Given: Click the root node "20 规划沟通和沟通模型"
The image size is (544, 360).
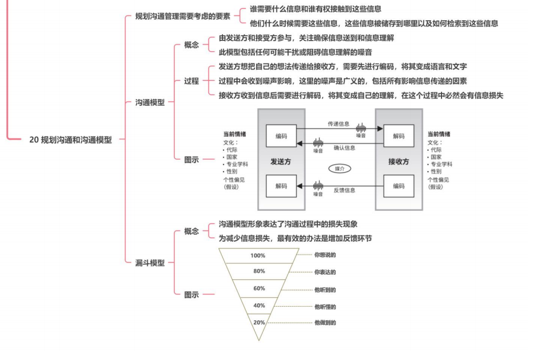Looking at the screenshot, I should (71, 140).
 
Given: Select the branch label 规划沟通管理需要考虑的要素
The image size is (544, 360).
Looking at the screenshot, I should (183, 16).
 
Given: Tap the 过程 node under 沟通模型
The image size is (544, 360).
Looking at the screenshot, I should (192, 81).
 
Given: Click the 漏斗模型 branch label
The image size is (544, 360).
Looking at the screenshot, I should (150, 262).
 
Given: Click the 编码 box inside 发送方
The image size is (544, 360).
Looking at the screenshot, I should (281, 136).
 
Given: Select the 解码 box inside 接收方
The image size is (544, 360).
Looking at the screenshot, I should (399, 136).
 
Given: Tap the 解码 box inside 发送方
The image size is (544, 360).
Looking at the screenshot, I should (281, 186).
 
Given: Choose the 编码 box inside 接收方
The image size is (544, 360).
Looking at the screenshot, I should (399, 186).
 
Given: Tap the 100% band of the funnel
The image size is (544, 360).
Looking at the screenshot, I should (258, 256).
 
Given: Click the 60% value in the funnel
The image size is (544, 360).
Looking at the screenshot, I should (259, 289).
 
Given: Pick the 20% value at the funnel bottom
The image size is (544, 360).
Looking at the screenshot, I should (259, 322).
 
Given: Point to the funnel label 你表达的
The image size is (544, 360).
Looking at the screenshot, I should (325, 273).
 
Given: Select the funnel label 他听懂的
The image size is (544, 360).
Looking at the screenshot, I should (325, 307).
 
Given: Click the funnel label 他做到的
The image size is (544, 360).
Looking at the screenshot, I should (325, 323).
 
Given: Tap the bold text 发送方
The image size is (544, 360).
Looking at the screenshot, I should (281, 161).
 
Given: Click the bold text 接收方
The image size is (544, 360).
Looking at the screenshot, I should (399, 161).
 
